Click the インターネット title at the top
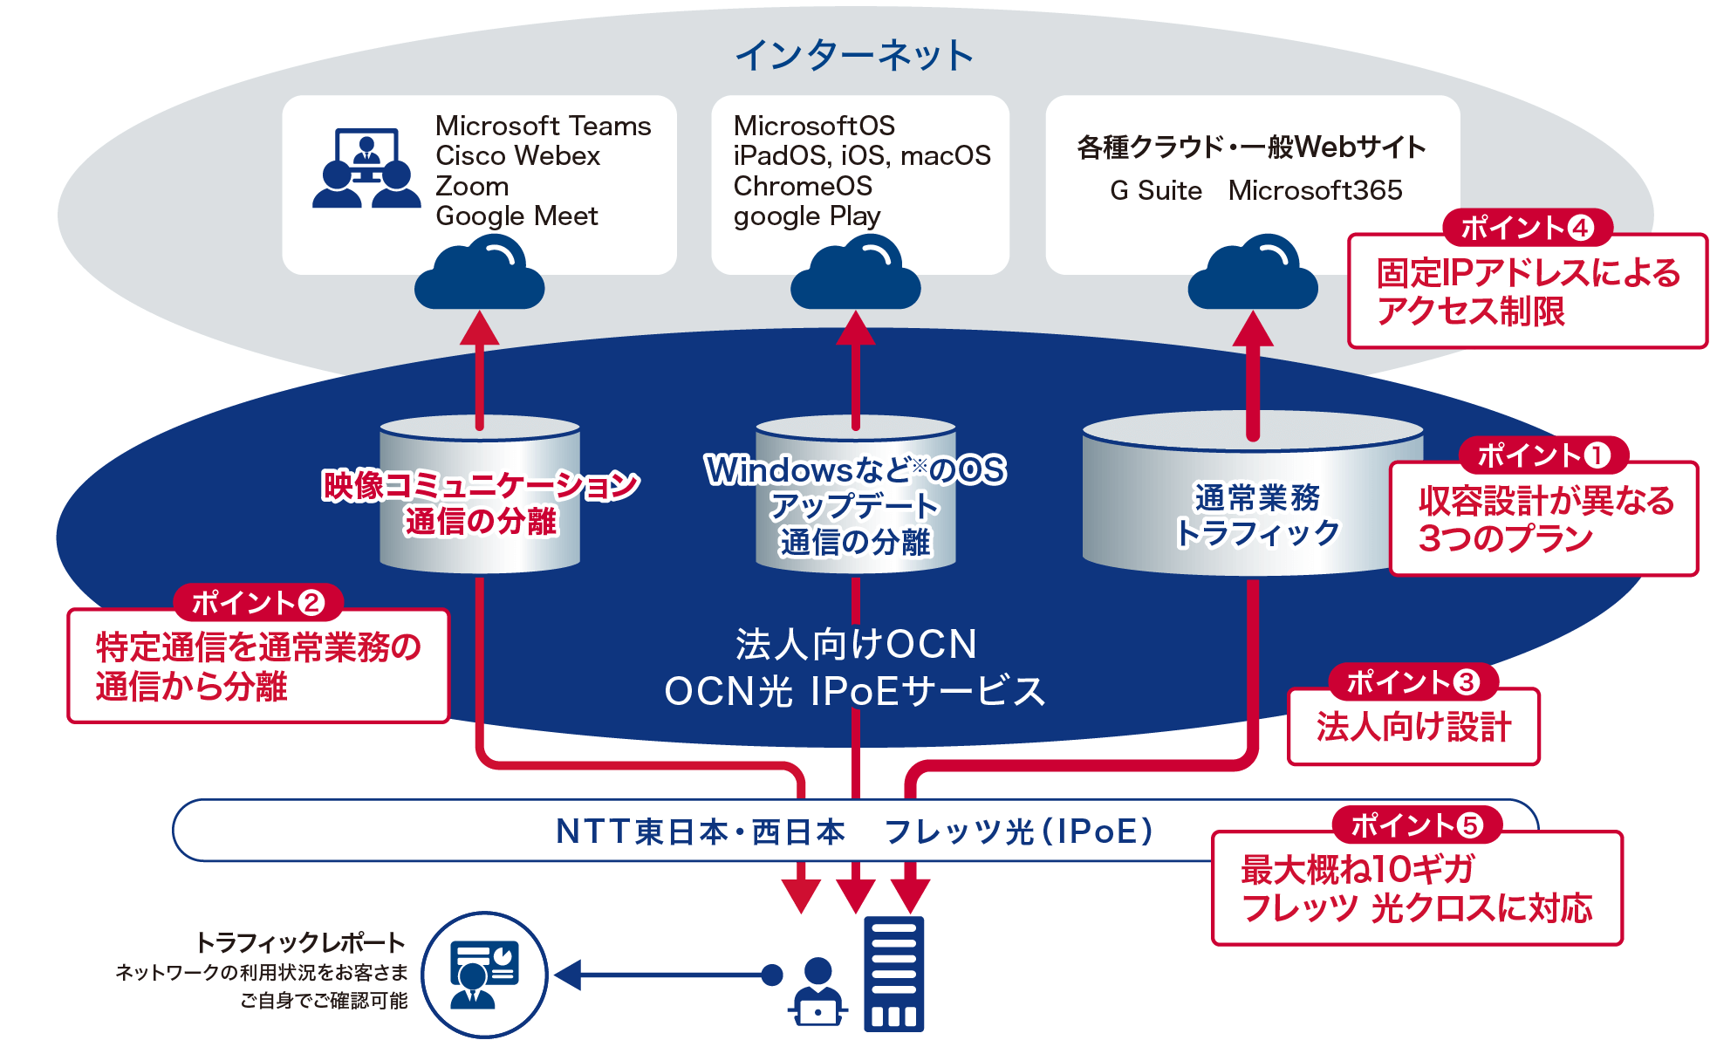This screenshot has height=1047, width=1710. tap(854, 56)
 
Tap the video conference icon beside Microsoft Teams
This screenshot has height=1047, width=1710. tap(366, 169)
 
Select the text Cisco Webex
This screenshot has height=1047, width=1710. tap(517, 156)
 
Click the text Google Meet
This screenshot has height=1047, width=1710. tap(516, 216)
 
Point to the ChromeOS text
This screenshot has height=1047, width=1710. tap(803, 186)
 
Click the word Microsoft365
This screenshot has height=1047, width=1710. tap(1315, 190)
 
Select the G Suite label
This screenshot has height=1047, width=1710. tap(1156, 190)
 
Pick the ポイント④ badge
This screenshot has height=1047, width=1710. tap(1527, 228)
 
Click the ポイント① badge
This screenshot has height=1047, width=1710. tap(1543, 455)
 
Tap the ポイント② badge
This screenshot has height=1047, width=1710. tap(257, 602)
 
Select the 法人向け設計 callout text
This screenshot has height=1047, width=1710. tap(1413, 727)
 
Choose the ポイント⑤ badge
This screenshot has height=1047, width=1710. tap(1417, 825)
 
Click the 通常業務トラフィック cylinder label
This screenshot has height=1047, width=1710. tap(1256, 515)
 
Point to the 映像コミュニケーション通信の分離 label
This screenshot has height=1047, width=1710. tap(481, 503)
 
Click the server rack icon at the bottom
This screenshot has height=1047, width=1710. tap(893, 974)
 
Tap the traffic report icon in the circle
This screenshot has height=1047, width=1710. tap(484, 975)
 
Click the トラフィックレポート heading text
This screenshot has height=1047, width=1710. tap(301, 942)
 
